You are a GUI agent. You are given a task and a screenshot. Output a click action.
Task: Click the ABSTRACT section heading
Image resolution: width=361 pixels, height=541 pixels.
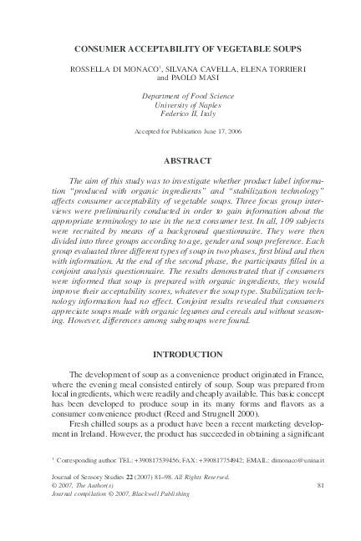(180, 159)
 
